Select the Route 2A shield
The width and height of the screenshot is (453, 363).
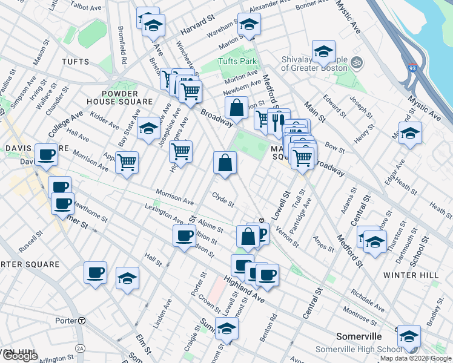click(81, 348)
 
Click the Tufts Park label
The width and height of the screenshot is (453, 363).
click(238, 62)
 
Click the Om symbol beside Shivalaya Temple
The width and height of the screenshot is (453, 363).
click(357, 62)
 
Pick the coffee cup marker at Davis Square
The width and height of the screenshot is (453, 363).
click(46, 155)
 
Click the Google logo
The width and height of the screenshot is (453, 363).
click(19, 356)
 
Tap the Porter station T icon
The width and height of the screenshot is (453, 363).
click(81, 320)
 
